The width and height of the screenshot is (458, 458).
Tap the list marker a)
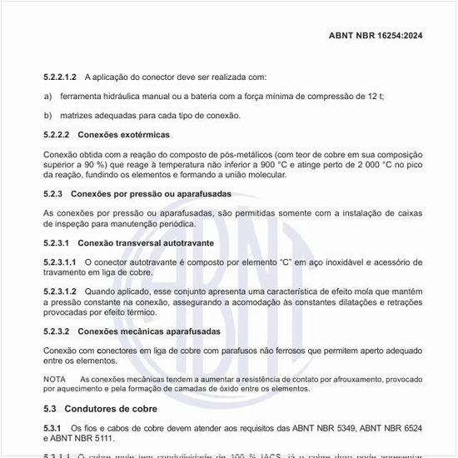pos(48,96)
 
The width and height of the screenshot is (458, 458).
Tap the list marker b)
pos(48,115)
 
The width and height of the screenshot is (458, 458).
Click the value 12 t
pos(374,96)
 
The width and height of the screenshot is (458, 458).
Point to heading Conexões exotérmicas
pos(123,134)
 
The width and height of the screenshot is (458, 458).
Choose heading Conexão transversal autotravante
pos(146,243)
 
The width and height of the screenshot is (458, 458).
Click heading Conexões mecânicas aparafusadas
pos(149,331)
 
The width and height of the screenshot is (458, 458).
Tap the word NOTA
pos(54,380)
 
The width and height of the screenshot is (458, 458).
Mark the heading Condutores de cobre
pos(111,409)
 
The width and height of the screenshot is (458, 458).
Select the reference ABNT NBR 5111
pos(88,438)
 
